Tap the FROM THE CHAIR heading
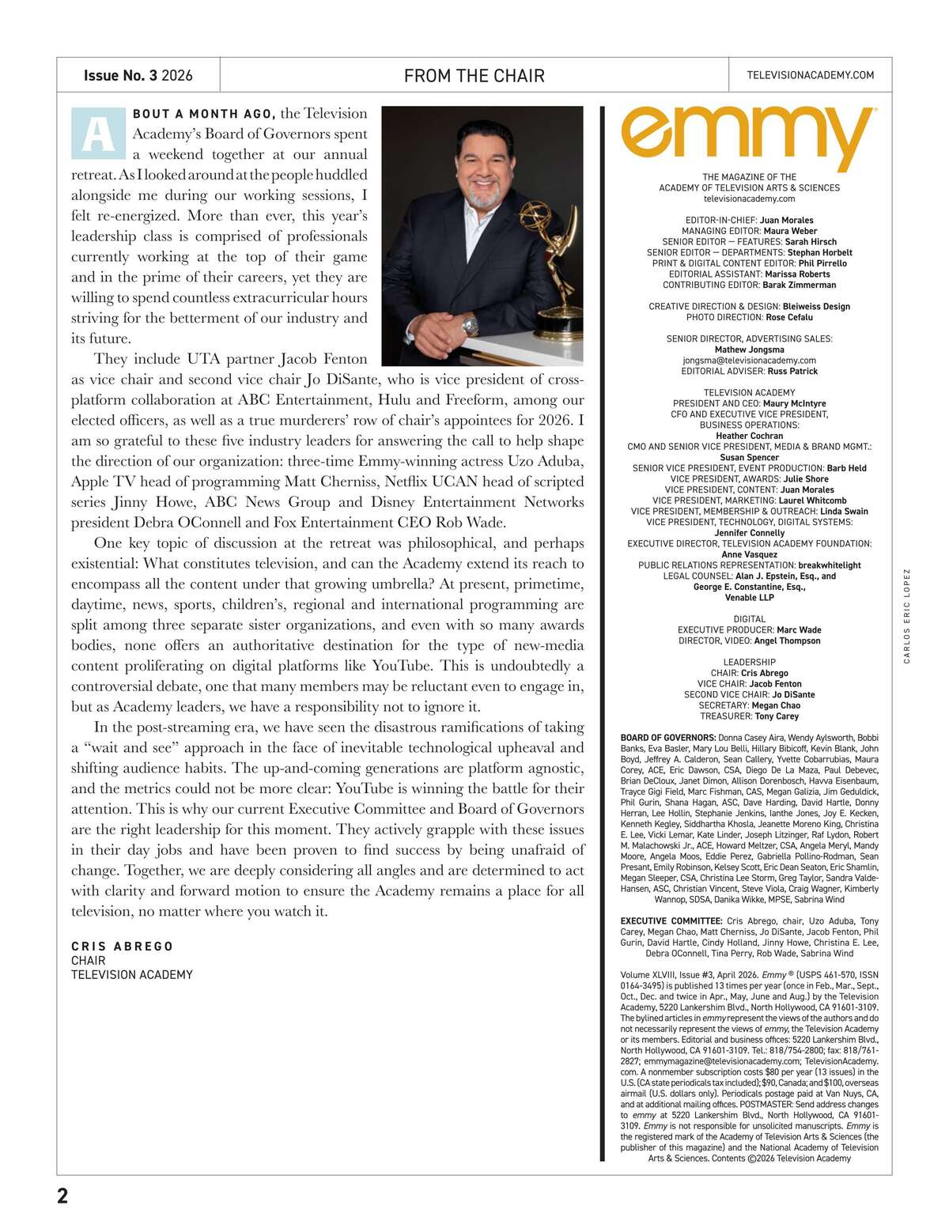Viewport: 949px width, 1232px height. coord(474,76)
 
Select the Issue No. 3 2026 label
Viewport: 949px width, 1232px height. coord(138,76)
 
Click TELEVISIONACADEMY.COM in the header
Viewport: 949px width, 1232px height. coord(810,75)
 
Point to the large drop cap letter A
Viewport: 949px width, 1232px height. coord(98,134)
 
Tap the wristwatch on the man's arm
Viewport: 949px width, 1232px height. coord(471,323)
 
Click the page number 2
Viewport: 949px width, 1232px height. coord(62,1196)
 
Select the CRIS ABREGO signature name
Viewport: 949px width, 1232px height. coord(122,947)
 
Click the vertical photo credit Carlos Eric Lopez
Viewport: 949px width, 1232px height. coord(907,616)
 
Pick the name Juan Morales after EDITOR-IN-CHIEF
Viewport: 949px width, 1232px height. coord(786,221)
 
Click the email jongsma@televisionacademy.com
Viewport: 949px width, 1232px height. coord(749,361)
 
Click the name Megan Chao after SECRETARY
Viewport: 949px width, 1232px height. coord(776,705)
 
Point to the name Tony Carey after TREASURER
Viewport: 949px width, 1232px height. coord(777,716)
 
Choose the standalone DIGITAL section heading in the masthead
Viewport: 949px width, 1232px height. coord(749,619)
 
